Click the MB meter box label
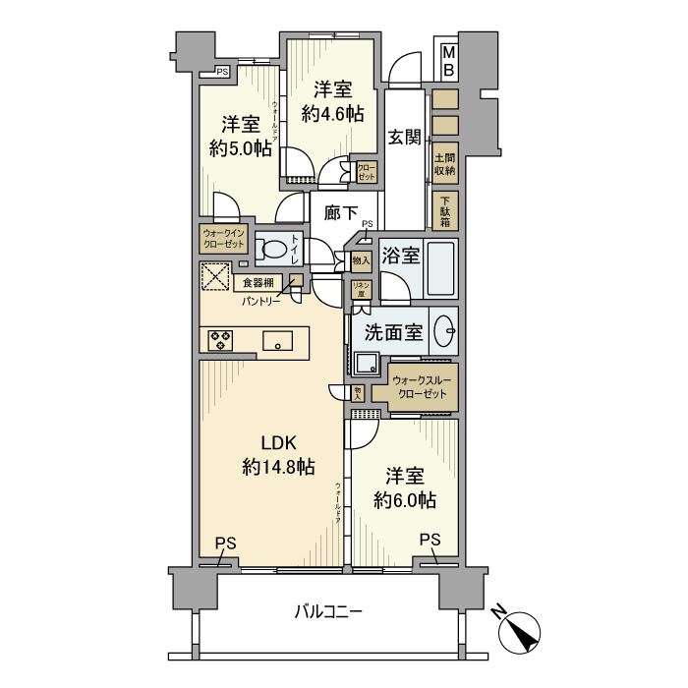tap(447, 60)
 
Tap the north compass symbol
tap(521, 630)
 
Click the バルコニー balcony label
tap(329, 612)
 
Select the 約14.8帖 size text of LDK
tap(278, 468)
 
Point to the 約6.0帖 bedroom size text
tap(405, 500)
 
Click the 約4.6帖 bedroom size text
tap(332, 113)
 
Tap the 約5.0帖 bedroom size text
tap(240, 148)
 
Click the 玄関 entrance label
tap(404, 138)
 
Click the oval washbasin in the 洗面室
tap(443, 331)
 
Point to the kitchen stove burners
tap(221, 341)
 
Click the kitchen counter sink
tap(278, 341)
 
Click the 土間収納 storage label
tap(445, 162)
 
